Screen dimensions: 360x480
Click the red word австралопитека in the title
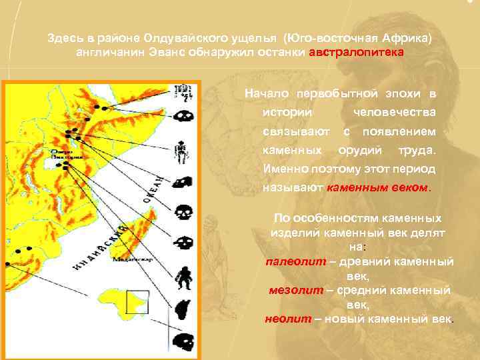click(x=356, y=52)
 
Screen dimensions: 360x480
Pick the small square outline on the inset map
click(x=137, y=301)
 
